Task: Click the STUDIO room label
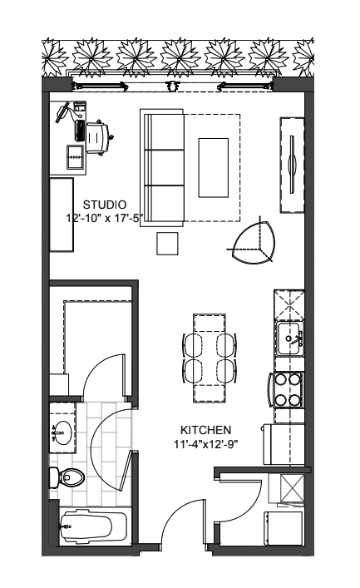click(x=105, y=205)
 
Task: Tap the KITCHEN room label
click(x=206, y=430)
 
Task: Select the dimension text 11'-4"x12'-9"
click(x=206, y=444)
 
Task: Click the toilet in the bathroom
click(x=67, y=477)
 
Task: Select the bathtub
click(x=94, y=525)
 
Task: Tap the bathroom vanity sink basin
click(x=62, y=432)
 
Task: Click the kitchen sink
click(x=290, y=338)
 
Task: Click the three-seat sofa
click(x=162, y=168)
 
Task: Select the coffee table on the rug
click(x=214, y=168)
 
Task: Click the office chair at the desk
click(x=98, y=137)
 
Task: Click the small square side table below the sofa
click(x=167, y=244)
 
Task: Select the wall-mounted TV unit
click(x=292, y=165)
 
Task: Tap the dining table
click(x=210, y=358)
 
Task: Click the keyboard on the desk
click(x=80, y=131)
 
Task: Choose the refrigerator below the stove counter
click(x=284, y=444)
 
